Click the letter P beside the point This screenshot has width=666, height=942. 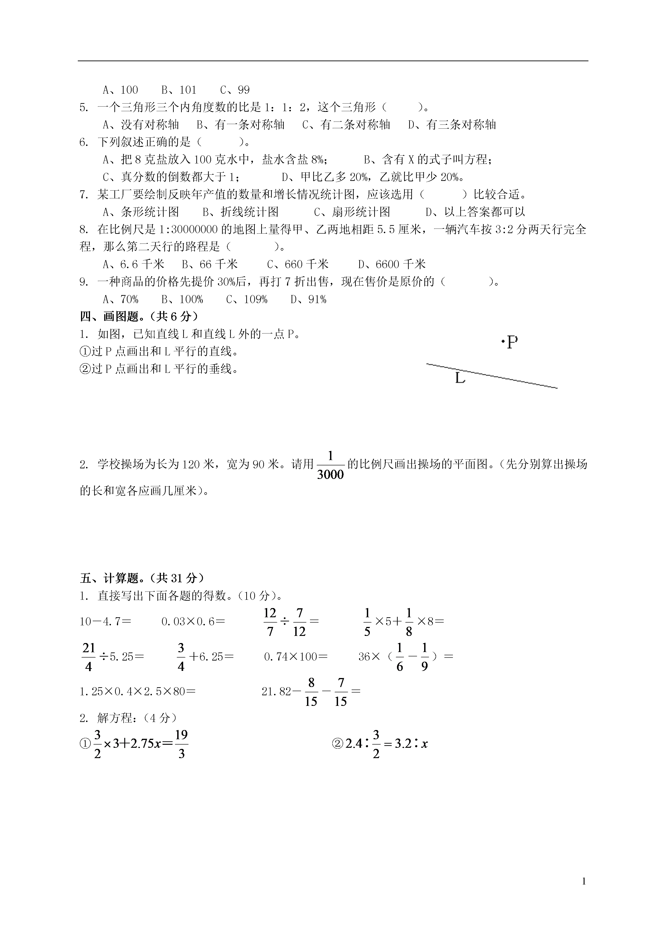(x=512, y=342)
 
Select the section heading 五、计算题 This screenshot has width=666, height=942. (x=142, y=578)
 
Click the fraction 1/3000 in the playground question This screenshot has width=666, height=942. (x=330, y=465)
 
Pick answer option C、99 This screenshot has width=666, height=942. (x=235, y=90)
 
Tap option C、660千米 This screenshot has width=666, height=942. (x=298, y=264)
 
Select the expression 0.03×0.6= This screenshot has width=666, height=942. (x=193, y=622)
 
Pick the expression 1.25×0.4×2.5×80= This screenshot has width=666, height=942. (x=137, y=692)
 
